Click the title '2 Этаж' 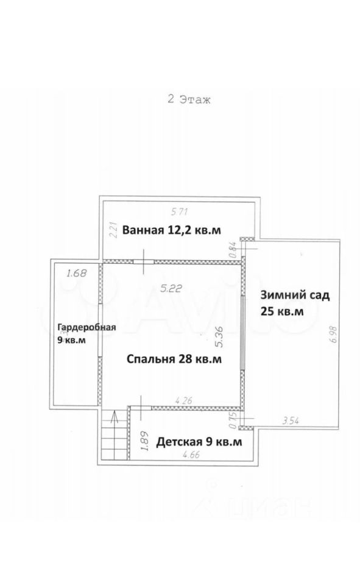(189, 99)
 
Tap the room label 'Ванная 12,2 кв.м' (172, 230)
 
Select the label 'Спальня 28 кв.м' (174, 359)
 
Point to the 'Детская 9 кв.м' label (199, 442)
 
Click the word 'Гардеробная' (86, 327)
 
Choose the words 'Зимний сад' (295, 295)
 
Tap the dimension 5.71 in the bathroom (180, 212)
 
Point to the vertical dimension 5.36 (219, 337)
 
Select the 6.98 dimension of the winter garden (333, 338)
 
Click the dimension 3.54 (291, 421)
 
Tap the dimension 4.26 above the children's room (183, 401)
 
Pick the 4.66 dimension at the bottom (190, 455)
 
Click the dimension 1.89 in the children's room (146, 441)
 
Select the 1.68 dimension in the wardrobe (76, 274)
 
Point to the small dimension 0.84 (233, 249)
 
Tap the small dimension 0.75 (233, 420)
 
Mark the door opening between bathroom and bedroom (144, 261)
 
